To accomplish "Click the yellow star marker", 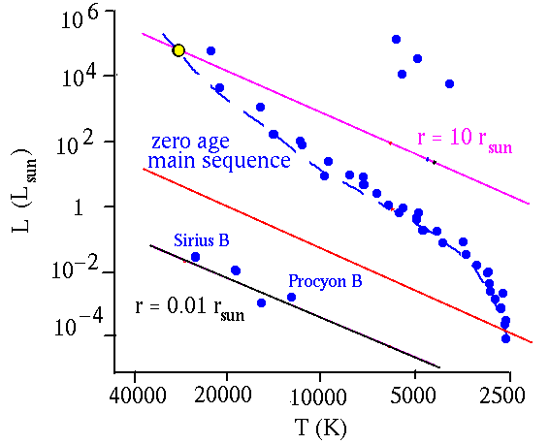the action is [x=178, y=50].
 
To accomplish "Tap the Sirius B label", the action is [x=202, y=240].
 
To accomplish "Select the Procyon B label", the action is [x=325, y=281].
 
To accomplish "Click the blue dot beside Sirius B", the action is [x=195, y=257].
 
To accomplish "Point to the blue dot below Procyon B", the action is [x=291, y=297].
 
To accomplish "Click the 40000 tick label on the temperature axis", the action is [x=138, y=395].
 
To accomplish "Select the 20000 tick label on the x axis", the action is [x=224, y=395].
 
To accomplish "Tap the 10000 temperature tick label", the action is [x=318, y=396].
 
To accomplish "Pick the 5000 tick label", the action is [x=413, y=395].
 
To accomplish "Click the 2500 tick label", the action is [x=501, y=395].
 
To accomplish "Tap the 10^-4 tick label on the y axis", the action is [x=79, y=324].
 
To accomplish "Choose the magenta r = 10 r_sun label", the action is [x=465, y=139].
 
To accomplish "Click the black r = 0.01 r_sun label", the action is [x=190, y=308].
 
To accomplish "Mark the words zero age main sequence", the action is [x=219, y=151].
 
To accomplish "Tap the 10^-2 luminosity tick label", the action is [x=77, y=269].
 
